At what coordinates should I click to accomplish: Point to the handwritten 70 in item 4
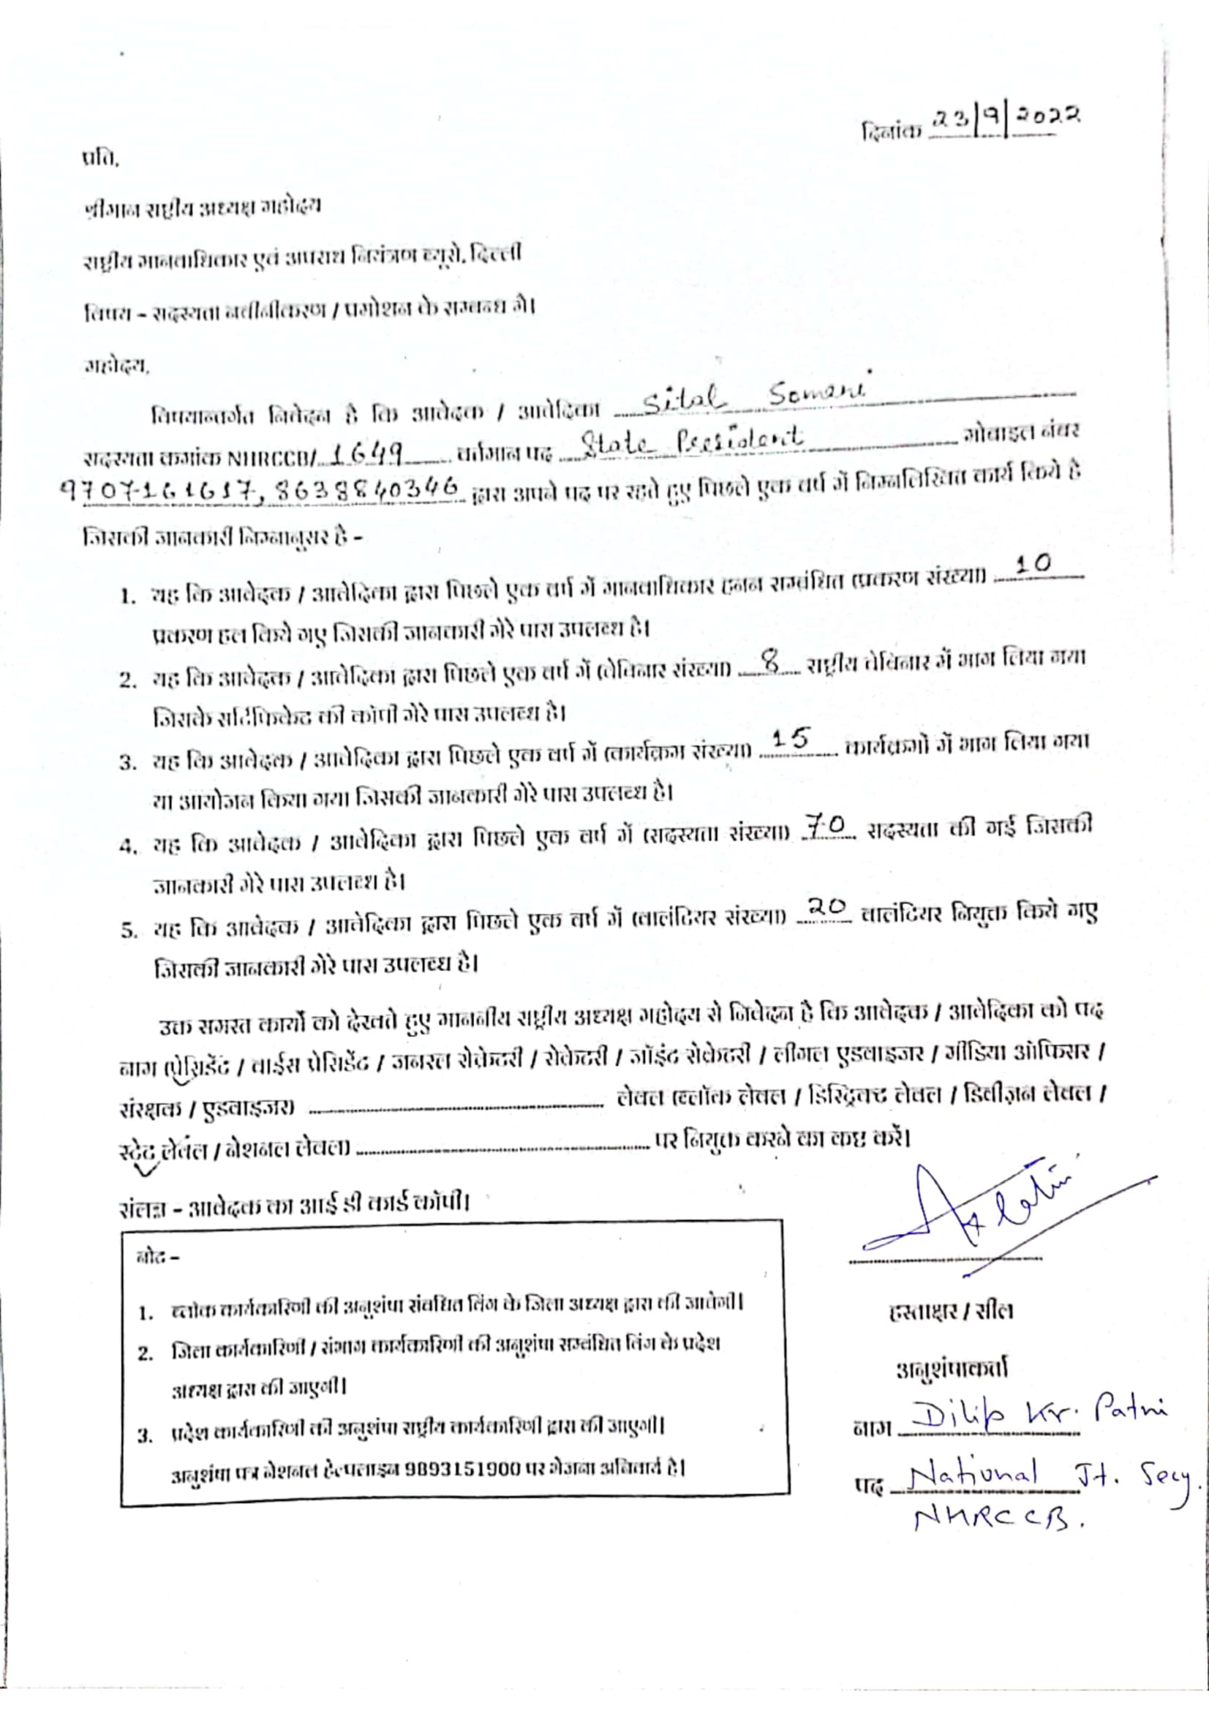click(824, 826)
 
